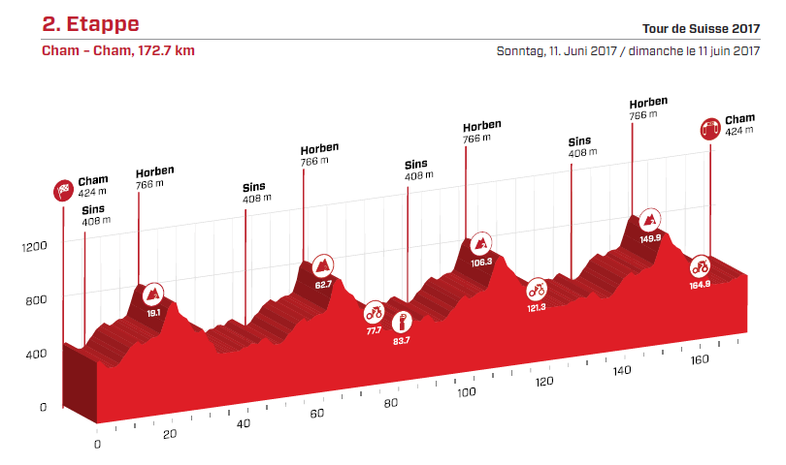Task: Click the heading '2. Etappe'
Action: tap(90, 23)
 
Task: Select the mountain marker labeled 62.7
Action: tap(322, 265)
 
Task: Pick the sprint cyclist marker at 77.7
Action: tap(375, 313)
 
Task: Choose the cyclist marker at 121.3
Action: tap(537, 289)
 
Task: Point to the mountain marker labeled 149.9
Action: tap(650, 219)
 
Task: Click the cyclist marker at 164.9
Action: tap(700, 266)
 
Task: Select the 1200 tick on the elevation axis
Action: tap(35, 247)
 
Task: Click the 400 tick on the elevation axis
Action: tap(35, 355)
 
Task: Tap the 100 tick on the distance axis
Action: tap(466, 393)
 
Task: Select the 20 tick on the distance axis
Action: tap(170, 434)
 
